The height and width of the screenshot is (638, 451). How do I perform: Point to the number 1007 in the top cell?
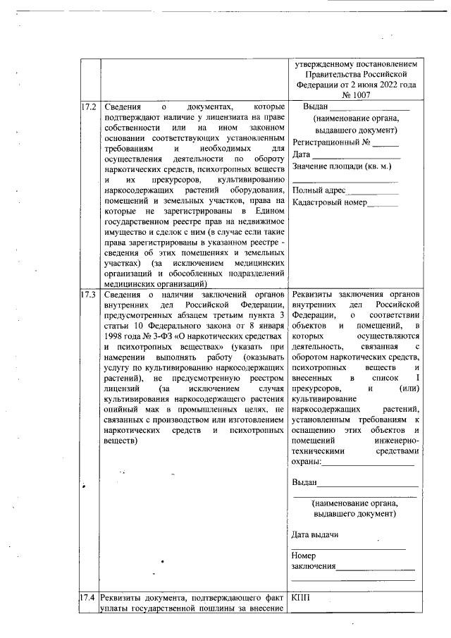[359, 94]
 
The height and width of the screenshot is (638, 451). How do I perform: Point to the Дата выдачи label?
[315, 534]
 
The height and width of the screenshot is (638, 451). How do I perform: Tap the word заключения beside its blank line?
[314, 567]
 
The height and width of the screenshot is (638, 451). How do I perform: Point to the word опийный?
[120, 409]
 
